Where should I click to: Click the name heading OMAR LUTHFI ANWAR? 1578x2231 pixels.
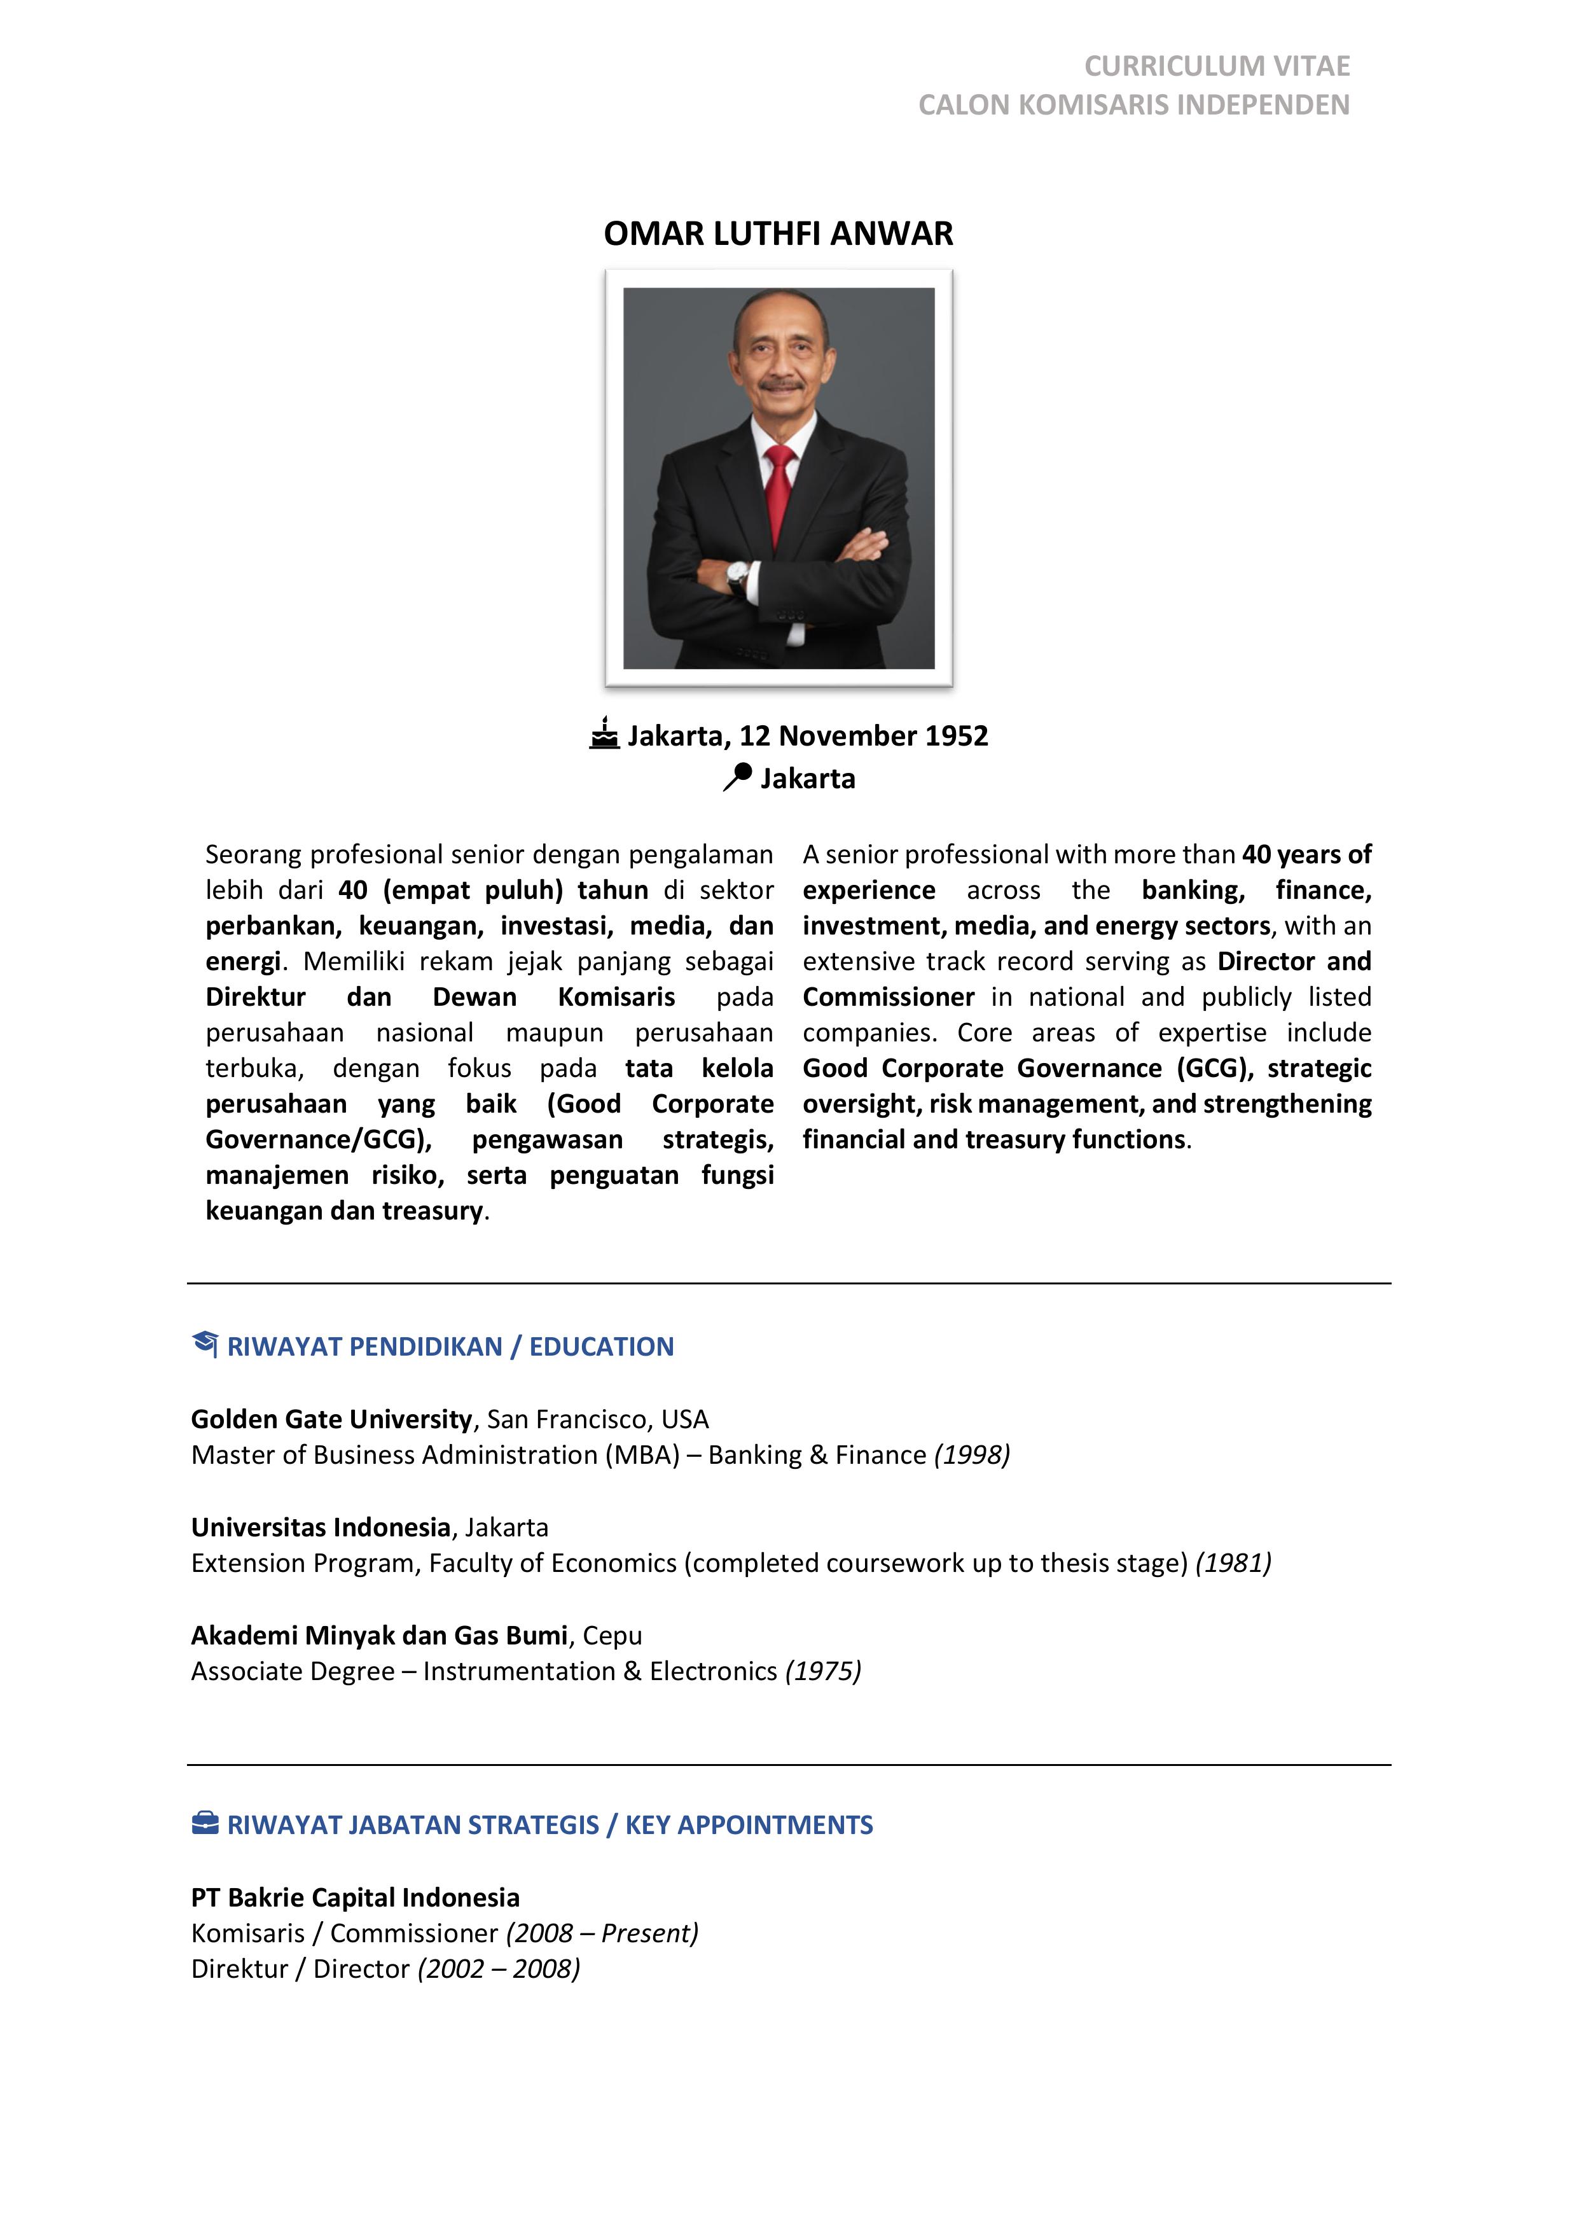(x=779, y=234)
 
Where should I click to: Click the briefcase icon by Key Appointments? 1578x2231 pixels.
(x=205, y=1823)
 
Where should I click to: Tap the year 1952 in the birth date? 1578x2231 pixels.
(x=956, y=735)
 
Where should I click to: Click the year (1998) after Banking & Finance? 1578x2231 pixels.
(x=972, y=1455)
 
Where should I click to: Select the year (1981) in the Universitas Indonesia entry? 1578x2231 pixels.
(x=1233, y=1562)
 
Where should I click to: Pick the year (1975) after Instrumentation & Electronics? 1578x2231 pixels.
(x=823, y=1671)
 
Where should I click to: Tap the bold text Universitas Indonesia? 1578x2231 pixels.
(x=321, y=1527)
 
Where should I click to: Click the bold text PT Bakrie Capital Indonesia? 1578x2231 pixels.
(x=356, y=1897)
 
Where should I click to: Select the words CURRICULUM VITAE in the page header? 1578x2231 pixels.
(x=1217, y=66)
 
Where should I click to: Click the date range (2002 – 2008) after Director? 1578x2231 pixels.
(x=499, y=1969)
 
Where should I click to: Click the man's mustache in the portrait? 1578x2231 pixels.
(x=782, y=386)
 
